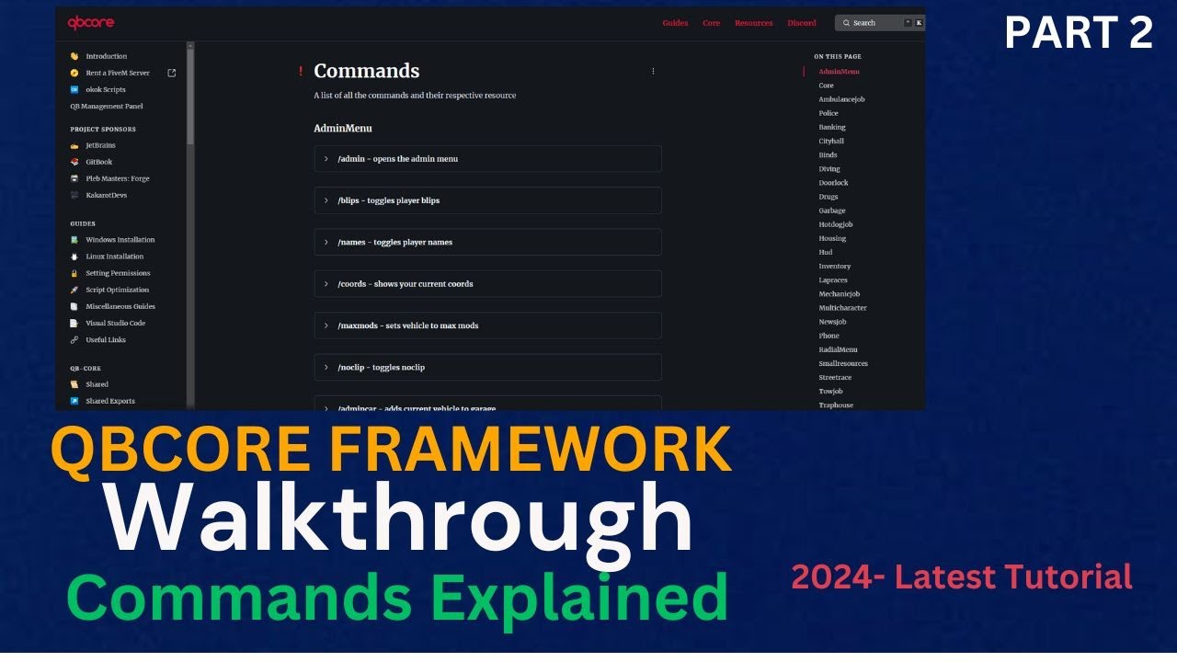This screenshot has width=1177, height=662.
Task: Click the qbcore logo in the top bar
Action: point(91,23)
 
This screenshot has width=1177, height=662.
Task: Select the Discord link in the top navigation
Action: point(802,23)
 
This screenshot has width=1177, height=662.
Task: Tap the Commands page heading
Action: point(366,71)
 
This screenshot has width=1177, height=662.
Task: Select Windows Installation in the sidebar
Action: point(120,240)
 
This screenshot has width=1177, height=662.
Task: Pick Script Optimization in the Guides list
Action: point(117,290)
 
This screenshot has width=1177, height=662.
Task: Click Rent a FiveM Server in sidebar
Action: point(118,73)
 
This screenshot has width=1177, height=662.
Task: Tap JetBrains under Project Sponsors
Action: point(100,145)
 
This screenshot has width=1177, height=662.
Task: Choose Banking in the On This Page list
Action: point(832,127)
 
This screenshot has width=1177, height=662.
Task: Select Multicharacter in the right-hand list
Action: point(842,308)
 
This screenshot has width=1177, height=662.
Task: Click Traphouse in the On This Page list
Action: point(836,405)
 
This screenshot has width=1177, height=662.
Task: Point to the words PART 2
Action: point(1078,33)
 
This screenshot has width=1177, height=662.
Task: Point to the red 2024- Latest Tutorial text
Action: point(962,577)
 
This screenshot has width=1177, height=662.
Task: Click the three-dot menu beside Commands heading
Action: point(653,71)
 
